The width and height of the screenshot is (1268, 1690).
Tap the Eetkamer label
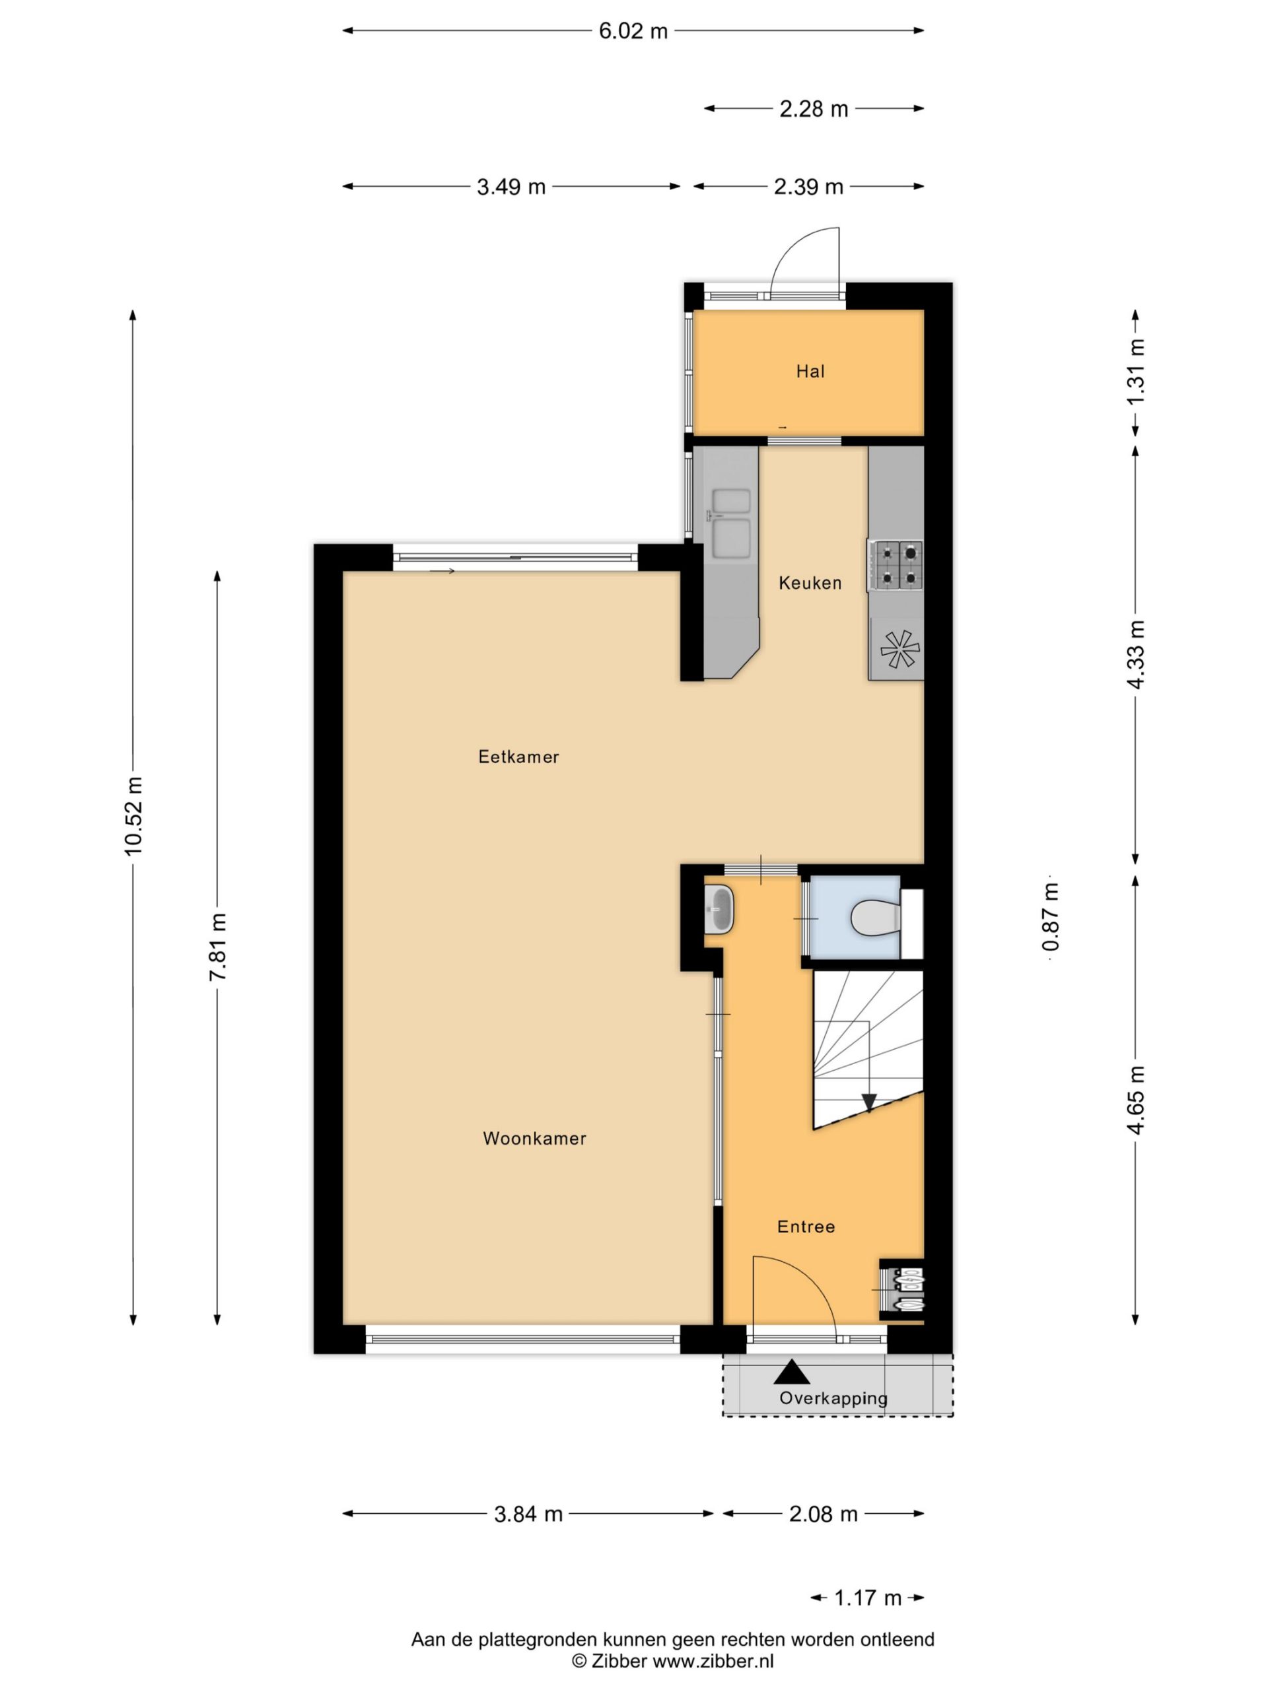[x=519, y=757]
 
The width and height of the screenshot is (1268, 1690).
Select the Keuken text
[x=810, y=583]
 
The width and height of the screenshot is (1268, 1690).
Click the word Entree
[x=806, y=1227]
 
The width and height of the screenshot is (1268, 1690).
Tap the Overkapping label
[x=833, y=1398]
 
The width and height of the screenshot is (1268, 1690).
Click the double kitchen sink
[x=730, y=524]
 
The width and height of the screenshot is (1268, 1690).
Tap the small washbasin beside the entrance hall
[x=719, y=909]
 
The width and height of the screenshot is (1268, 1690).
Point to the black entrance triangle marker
[x=792, y=1372]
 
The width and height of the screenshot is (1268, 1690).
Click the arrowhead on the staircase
[x=868, y=1102]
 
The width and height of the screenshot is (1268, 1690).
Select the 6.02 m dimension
[x=633, y=31]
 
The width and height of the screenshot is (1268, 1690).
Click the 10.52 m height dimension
[x=134, y=815]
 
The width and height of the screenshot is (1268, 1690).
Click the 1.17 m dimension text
[x=868, y=1598]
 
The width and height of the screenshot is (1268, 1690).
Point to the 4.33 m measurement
[x=1136, y=654]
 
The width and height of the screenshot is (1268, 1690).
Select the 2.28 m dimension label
[x=814, y=109]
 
